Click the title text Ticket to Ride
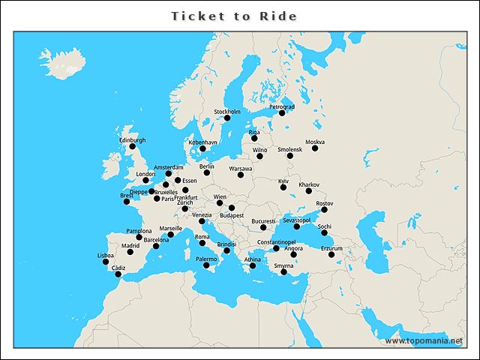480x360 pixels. [234, 16]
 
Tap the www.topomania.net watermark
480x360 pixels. [424, 341]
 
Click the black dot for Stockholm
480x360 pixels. [227, 118]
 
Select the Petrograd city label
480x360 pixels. [282, 106]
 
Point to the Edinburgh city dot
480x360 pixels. [132, 146]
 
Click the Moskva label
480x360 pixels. [314, 142]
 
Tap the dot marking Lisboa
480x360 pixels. [106, 262]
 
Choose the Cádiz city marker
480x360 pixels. [118, 274]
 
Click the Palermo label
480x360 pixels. [206, 259]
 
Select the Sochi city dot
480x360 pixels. [325, 232]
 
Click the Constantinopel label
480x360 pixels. [278, 242]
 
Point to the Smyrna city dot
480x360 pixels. [283, 272]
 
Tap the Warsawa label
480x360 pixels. [241, 169]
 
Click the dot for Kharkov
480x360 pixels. [309, 191]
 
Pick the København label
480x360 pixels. [202, 142]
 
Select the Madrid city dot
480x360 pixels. [130, 252]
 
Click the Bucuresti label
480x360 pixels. [263, 221]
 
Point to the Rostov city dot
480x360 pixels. [325, 210]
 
